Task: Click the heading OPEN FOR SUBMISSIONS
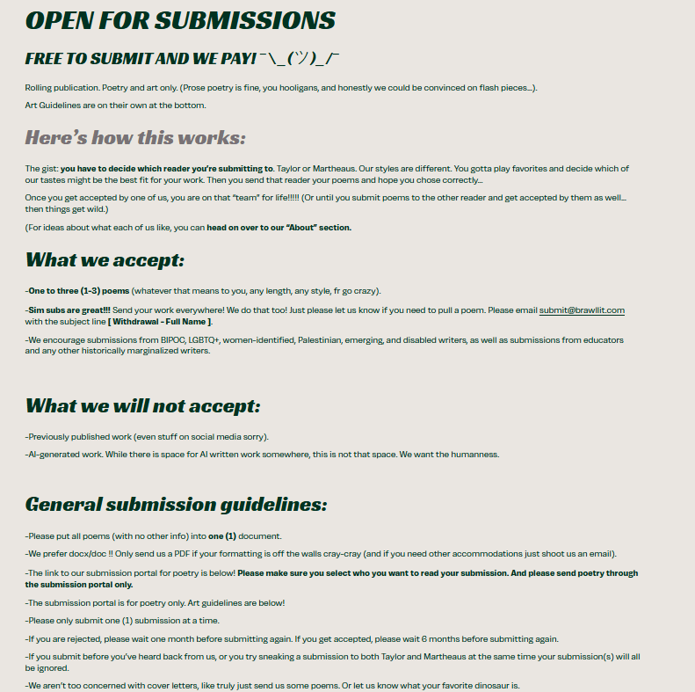tap(180, 20)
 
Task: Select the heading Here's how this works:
tap(135, 138)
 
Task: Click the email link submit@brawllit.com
tap(582, 310)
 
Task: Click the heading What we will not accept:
tap(142, 406)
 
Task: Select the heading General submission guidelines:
tap(176, 505)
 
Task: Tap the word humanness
tap(474, 455)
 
